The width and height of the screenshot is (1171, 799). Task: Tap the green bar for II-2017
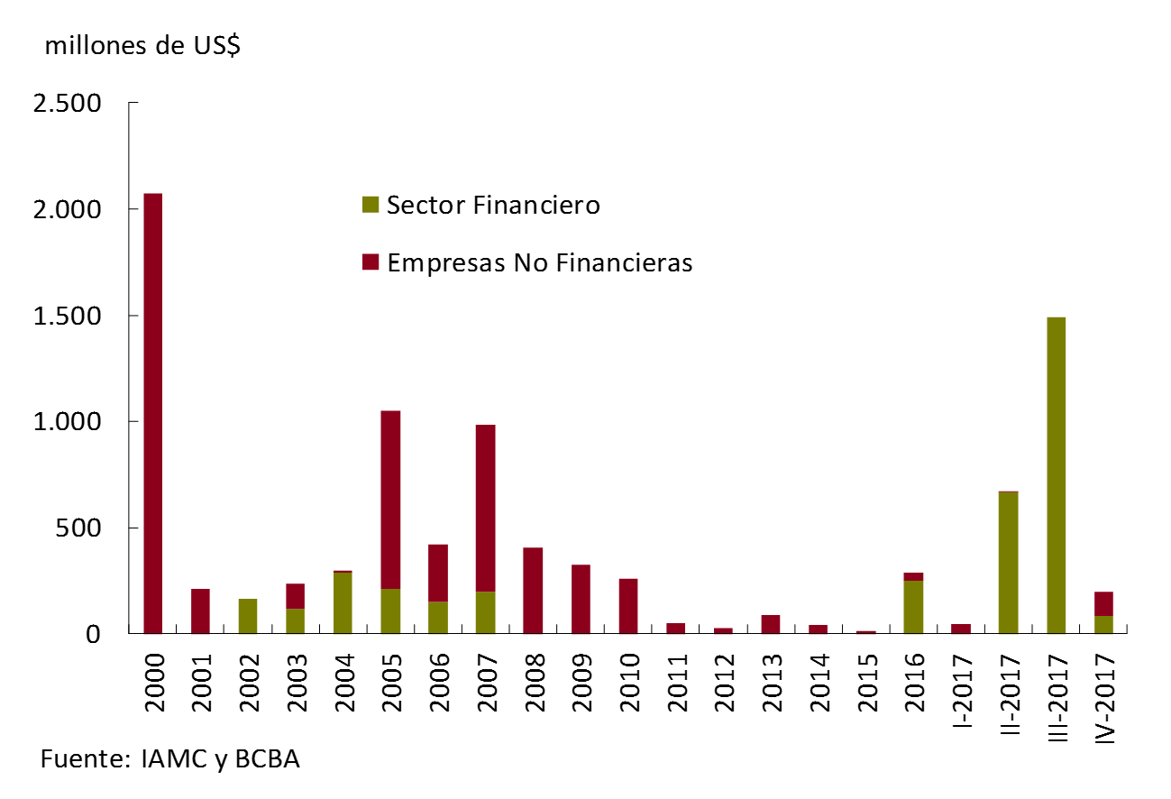tap(1009, 563)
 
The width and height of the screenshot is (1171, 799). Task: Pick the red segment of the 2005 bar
tap(390, 500)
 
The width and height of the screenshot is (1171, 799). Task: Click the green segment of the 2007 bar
tap(485, 612)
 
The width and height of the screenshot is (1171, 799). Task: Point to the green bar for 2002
tap(248, 616)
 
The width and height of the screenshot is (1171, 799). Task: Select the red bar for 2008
tap(533, 591)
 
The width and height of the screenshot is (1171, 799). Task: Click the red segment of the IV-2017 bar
tap(1103, 604)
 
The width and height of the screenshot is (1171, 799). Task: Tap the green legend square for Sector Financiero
tap(371, 206)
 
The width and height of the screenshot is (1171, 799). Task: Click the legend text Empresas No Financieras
tap(539, 263)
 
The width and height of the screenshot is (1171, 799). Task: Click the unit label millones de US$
tap(142, 47)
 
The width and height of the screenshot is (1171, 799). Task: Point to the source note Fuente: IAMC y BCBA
tap(169, 759)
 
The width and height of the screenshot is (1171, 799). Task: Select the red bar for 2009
tap(581, 599)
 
